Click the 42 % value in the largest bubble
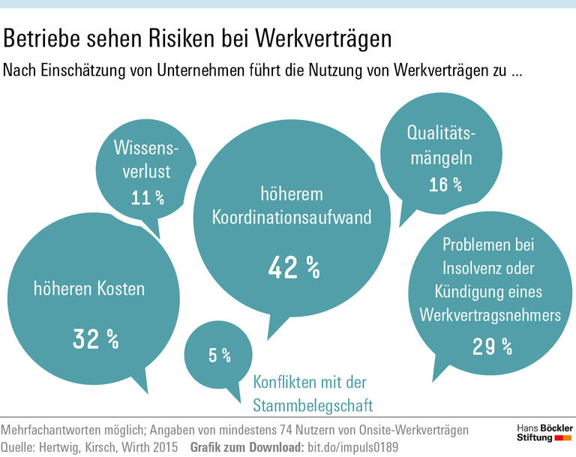pyautogui.click(x=294, y=266)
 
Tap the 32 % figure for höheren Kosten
pyautogui.click(x=96, y=339)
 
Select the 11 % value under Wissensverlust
pyautogui.click(x=148, y=198)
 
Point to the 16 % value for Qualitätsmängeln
pyautogui.click(x=445, y=185)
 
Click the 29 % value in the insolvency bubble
pyautogui.click(x=493, y=346)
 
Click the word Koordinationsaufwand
pyautogui.click(x=292, y=218)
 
